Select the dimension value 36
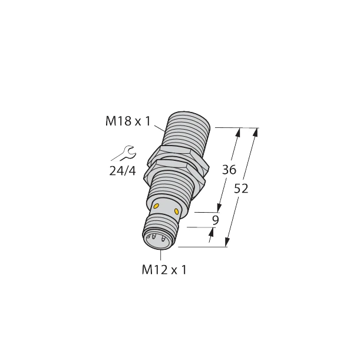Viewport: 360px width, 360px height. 229,170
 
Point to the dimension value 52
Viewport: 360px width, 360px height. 242,189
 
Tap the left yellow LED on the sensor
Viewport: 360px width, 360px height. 157,205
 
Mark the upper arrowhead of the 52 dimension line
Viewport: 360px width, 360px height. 255,132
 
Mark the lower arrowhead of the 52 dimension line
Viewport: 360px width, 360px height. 228,242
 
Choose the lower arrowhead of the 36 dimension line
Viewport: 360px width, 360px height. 220,207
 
